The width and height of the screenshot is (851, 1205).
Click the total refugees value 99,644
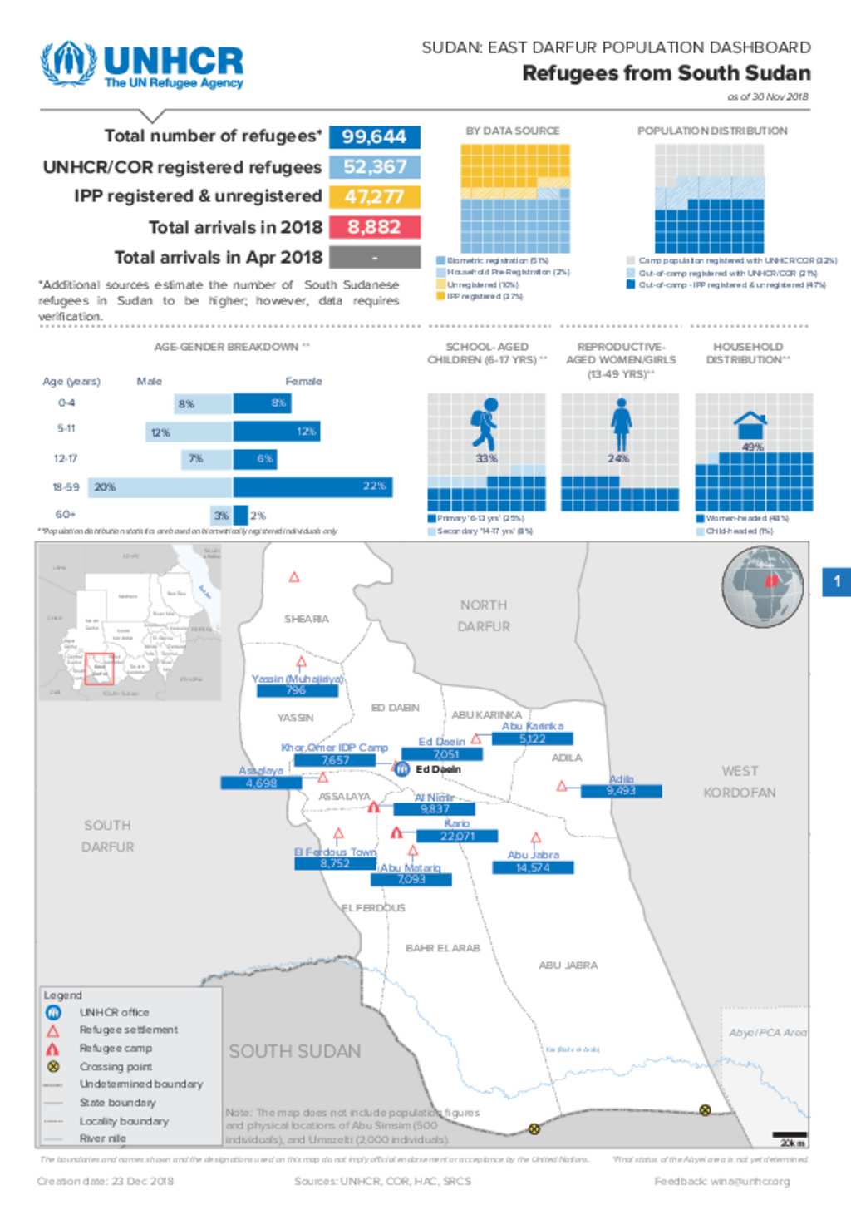click(x=374, y=136)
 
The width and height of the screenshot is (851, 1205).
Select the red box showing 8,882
click(x=374, y=227)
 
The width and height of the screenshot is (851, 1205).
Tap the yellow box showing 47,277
click(x=374, y=197)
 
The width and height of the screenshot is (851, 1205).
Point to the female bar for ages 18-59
click(x=312, y=486)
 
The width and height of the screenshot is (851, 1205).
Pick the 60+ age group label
click(x=66, y=515)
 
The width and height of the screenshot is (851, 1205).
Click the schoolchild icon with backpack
click(x=484, y=424)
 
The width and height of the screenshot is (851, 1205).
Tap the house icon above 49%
click(x=750, y=425)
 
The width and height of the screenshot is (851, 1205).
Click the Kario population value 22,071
click(x=457, y=836)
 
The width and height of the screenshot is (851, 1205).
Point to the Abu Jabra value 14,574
click(x=533, y=867)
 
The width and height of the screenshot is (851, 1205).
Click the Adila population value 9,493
click(x=621, y=791)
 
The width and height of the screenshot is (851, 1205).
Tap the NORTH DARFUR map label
click(x=484, y=615)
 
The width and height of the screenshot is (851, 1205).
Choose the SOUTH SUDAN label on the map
click(x=295, y=1052)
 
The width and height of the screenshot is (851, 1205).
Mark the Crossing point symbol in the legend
click(x=53, y=1066)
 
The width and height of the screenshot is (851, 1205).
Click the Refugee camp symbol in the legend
click(x=53, y=1049)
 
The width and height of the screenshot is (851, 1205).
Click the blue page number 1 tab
click(x=837, y=582)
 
